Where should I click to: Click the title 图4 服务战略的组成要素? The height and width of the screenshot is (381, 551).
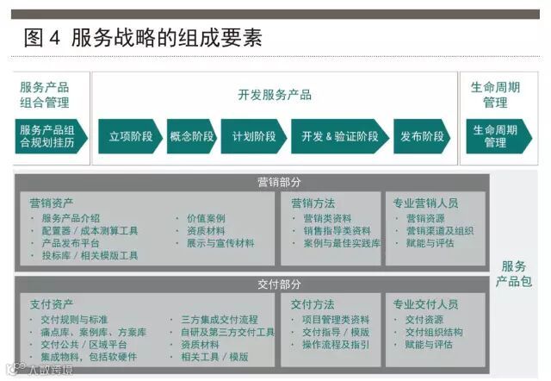[x=142, y=37]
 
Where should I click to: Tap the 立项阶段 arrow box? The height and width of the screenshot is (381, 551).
[x=130, y=136]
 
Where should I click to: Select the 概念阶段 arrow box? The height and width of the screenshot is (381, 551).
[x=191, y=136]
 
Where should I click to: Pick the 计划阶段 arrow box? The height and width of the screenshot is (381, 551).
[x=253, y=136]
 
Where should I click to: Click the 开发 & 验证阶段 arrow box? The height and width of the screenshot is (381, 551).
[x=339, y=136]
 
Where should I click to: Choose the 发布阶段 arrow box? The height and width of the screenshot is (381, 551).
[x=422, y=136]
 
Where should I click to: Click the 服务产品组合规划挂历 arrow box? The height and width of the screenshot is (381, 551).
[x=49, y=136]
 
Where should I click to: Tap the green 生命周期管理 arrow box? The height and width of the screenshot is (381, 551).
[x=495, y=136]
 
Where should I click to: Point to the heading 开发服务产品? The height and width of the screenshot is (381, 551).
[x=275, y=95]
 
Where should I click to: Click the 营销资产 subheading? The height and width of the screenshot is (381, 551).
[x=52, y=203]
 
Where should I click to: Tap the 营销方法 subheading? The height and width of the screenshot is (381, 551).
[x=313, y=203]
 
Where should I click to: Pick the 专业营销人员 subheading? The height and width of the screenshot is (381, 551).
[x=425, y=203]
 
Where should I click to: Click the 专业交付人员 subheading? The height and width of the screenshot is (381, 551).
[x=425, y=304]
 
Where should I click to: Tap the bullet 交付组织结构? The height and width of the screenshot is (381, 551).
[x=434, y=332]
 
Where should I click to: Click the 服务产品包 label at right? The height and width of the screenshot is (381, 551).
[x=514, y=273]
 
